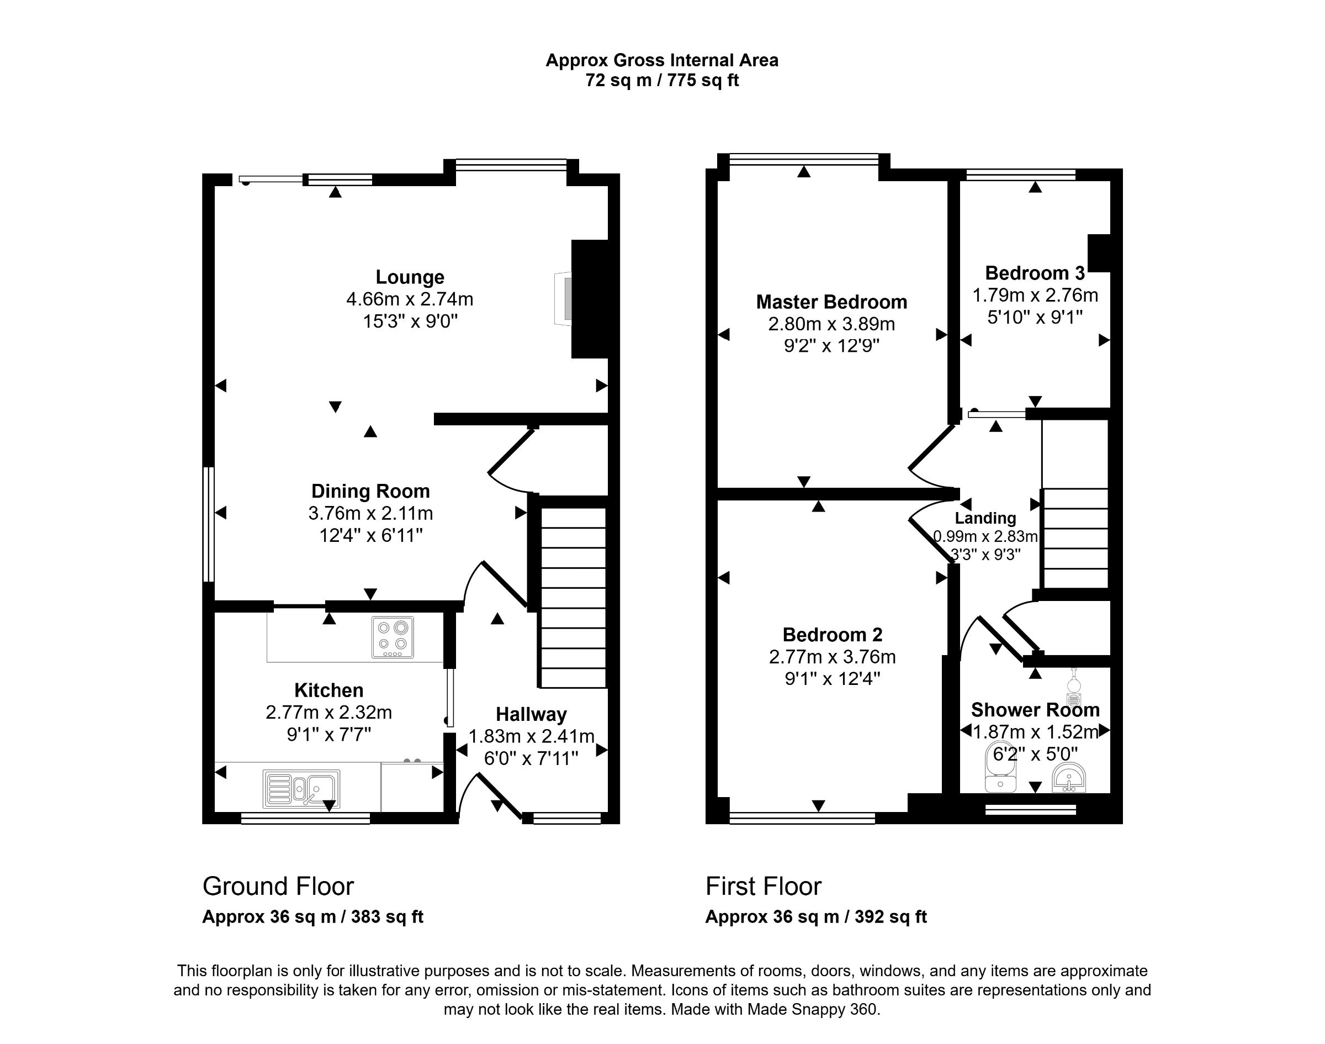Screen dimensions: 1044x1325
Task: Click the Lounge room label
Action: (x=409, y=277)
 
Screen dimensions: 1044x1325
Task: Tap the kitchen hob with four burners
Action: (x=392, y=637)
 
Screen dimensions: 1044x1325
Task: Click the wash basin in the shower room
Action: (x=1069, y=779)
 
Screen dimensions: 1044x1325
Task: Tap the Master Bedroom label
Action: (x=831, y=302)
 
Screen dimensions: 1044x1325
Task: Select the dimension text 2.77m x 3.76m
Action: (x=831, y=657)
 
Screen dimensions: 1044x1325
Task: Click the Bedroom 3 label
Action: (x=1034, y=273)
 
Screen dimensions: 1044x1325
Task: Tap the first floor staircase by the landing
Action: (x=1074, y=538)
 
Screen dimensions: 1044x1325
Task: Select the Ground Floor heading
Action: (x=278, y=887)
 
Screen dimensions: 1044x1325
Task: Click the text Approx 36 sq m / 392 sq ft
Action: (x=815, y=917)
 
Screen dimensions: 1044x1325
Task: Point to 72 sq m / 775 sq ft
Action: (x=661, y=81)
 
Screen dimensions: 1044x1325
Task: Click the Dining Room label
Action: (x=370, y=491)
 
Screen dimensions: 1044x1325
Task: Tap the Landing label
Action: (x=985, y=518)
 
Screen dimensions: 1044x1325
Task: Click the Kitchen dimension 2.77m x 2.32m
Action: (x=328, y=712)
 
